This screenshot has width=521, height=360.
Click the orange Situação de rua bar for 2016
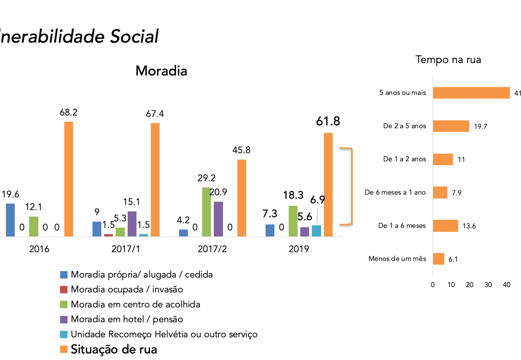coord(69,179)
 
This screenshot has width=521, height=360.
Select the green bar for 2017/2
coord(207,212)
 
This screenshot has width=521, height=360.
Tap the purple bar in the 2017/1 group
coord(132,224)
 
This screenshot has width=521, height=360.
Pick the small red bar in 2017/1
coord(108,235)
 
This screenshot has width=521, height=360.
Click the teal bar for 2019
coord(316,231)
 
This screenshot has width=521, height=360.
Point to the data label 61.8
coord(328,122)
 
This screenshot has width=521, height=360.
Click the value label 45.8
coord(241,150)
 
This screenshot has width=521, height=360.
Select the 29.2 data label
coord(206,178)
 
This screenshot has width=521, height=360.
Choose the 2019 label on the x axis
coord(299,249)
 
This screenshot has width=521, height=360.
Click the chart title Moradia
coord(161,71)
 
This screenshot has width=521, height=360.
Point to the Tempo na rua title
coord(448,59)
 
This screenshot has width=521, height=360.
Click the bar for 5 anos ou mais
coord(471,93)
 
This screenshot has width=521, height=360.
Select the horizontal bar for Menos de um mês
coord(438,259)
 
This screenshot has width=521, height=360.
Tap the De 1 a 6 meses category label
coord(402,226)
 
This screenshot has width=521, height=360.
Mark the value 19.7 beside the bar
coord(480,127)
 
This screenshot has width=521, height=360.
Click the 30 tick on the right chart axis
coord(488,285)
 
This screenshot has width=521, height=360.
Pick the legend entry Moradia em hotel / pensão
coord(127,319)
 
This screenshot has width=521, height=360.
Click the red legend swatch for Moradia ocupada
coord(63,290)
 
